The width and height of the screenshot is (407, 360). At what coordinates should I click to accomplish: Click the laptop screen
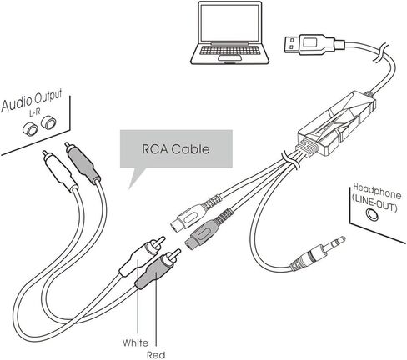[x=229, y=22]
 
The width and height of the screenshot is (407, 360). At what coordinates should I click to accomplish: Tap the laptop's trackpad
[x=229, y=57]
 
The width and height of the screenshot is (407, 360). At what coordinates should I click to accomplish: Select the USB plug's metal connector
[x=292, y=44]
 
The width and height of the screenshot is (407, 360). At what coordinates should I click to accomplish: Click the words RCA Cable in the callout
[x=176, y=149]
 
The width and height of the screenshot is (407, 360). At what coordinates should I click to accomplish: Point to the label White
[x=136, y=342]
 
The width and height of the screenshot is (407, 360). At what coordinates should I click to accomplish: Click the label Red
[x=156, y=355]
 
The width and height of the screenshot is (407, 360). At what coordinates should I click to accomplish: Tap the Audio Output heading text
[x=32, y=101]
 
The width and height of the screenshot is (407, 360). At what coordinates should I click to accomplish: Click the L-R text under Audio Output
[x=35, y=112]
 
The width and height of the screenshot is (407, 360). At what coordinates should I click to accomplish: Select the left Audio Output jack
[x=30, y=129]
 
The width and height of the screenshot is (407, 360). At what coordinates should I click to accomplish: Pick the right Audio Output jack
[x=48, y=122]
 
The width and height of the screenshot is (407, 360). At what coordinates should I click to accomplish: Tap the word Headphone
[x=377, y=191]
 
